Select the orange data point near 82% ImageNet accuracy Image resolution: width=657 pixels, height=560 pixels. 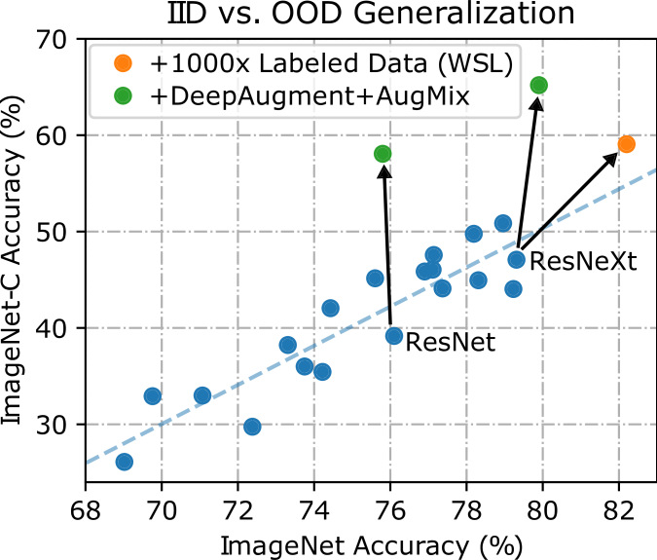(x=627, y=144)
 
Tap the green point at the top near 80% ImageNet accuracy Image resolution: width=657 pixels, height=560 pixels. (x=538, y=86)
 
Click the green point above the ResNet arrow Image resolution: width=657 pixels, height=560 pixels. (x=383, y=154)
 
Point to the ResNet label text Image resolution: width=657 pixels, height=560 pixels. (x=451, y=342)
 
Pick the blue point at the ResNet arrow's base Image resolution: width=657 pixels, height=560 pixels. (x=394, y=336)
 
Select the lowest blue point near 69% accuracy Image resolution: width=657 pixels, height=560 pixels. (x=125, y=462)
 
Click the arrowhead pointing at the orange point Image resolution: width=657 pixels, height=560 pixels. (x=614, y=156)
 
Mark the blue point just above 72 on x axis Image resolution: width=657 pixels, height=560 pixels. (x=252, y=427)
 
